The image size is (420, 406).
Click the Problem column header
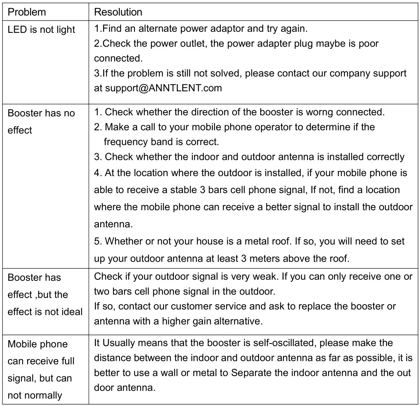tap(27, 12)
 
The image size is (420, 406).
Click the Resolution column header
tap(118, 12)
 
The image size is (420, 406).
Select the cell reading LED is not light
tap(41, 30)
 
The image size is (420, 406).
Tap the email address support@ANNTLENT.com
tap(163, 88)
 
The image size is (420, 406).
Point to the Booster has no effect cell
tap(41, 121)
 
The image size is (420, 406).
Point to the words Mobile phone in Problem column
tap(38, 344)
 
